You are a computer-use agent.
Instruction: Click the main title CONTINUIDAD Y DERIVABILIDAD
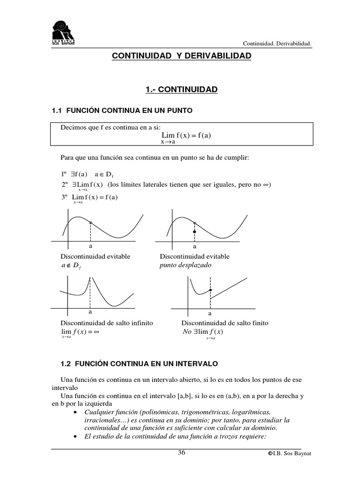click(181, 56)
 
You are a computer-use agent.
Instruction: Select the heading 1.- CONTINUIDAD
click(181, 89)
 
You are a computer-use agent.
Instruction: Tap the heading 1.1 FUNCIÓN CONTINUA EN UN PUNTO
click(122, 111)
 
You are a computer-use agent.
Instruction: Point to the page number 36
click(181, 453)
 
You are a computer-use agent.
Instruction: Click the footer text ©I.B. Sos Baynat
click(290, 454)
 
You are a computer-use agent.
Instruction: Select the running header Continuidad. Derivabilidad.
click(277, 43)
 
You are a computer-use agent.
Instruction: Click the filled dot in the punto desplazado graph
click(194, 232)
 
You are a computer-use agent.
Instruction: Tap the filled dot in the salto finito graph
click(210, 289)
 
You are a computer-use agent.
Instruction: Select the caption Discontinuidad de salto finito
click(225, 323)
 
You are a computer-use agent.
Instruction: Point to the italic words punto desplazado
click(186, 265)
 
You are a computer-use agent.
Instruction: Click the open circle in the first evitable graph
click(90, 223)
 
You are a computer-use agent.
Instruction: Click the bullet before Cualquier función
click(77, 411)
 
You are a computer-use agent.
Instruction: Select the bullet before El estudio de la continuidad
click(77, 435)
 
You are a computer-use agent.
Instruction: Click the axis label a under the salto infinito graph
click(90, 312)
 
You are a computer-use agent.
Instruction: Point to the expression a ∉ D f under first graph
click(71, 266)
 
